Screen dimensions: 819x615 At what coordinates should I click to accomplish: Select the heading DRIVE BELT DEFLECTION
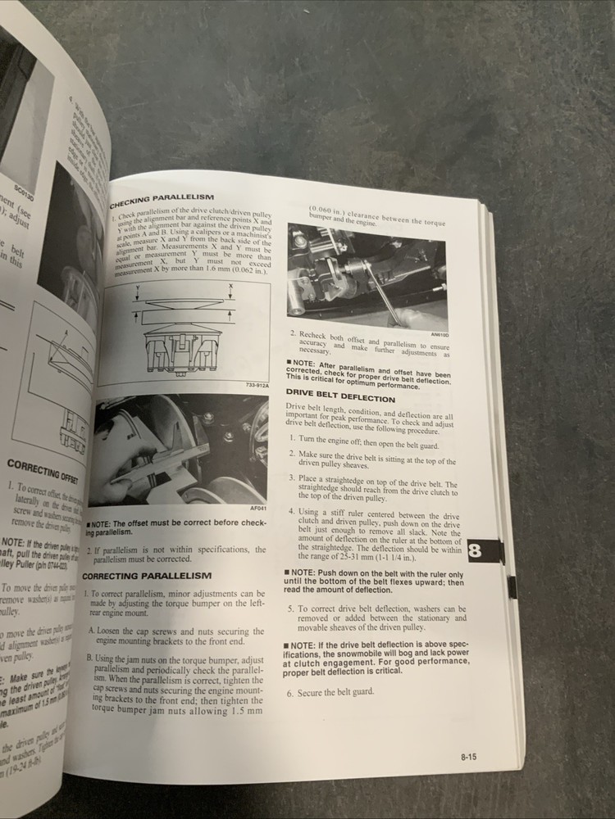339,397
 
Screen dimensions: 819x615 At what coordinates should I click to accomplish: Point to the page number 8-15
469,758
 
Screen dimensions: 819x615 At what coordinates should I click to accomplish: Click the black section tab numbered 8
475,551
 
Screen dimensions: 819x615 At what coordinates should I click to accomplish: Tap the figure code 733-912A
257,386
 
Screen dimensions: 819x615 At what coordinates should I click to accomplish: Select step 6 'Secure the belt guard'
329,691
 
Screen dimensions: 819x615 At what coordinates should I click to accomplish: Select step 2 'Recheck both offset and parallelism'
370,345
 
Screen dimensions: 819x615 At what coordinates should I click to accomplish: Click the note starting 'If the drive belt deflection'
377,658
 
